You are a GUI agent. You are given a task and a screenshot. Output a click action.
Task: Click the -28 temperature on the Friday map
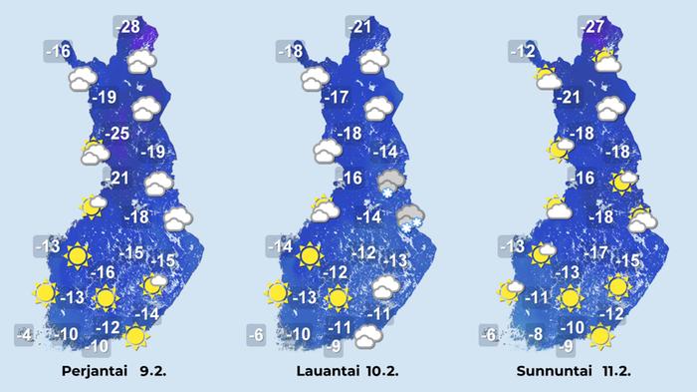click(128, 26)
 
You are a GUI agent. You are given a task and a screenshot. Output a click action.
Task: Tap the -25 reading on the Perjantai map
click(118, 134)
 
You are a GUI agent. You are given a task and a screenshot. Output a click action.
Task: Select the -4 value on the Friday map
click(25, 334)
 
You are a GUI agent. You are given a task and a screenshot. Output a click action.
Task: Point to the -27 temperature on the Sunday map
click(592, 26)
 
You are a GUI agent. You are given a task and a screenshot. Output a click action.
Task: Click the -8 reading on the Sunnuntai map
click(534, 334)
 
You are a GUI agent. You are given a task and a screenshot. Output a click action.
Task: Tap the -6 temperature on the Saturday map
click(256, 334)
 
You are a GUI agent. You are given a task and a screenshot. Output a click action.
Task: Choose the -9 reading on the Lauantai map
click(337, 347)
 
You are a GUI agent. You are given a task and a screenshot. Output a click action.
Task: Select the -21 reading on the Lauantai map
click(360, 26)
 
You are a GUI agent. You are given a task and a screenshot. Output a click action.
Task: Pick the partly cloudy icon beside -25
click(95, 153)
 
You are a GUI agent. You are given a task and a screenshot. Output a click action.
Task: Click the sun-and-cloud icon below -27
click(605, 61)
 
